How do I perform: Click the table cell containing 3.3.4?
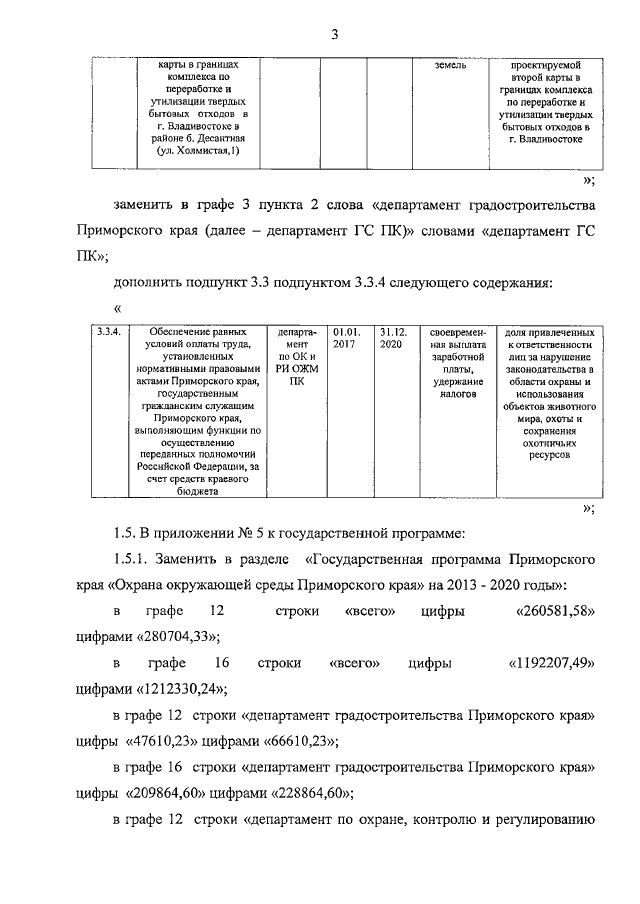(106, 332)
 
